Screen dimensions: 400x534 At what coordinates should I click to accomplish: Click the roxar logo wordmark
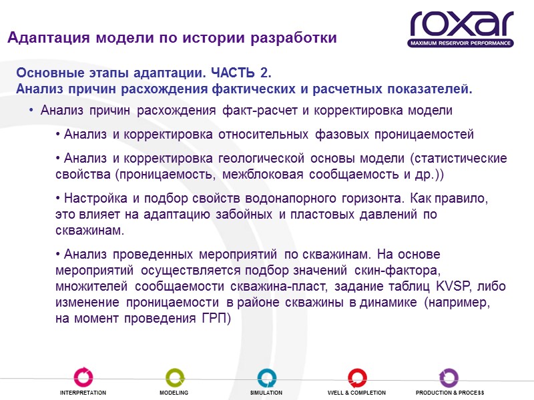pos(462,24)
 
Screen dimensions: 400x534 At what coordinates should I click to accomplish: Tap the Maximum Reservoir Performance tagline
pos(462,43)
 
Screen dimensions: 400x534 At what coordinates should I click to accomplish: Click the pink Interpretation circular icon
pos(83,377)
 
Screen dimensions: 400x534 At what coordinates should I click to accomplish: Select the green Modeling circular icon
pos(174,377)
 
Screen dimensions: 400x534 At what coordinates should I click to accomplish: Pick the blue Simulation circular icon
pos(266,377)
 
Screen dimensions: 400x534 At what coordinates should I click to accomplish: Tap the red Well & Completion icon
pos(357,377)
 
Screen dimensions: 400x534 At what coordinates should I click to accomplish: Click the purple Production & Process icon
pos(449,377)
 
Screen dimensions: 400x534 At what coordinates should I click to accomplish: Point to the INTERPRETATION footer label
pos(83,393)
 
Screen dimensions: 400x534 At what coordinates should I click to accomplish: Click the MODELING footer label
pos(174,393)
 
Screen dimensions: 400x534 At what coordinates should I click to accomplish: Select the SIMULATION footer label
pos(266,393)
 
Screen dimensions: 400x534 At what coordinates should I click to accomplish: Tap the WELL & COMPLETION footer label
pos(357,393)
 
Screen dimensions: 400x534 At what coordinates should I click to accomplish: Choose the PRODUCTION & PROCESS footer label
pos(450,393)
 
